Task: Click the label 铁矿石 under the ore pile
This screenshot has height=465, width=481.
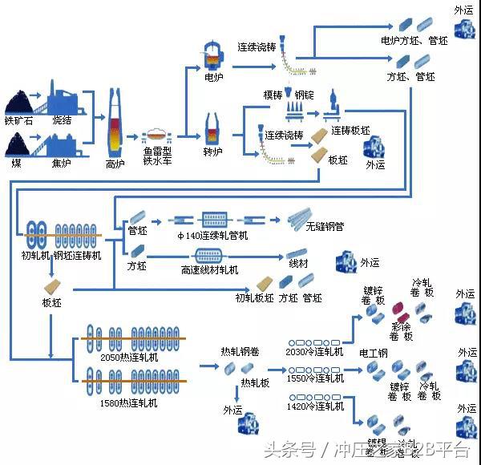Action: pyautogui.click(x=20, y=121)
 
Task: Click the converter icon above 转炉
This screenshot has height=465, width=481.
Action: pyautogui.click(x=214, y=129)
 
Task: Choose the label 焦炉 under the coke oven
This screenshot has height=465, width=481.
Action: pyautogui.click(x=62, y=164)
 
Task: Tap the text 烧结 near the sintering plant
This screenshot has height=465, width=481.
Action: pyautogui.click(x=63, y=121)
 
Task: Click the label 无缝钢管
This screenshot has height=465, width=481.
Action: pyautogui.click(x=325, y=227)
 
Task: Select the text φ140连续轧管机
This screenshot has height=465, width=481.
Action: pyautogui.click(x=212, y=235)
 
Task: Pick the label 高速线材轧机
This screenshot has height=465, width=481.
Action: pyautogui.click(x=209, y=270)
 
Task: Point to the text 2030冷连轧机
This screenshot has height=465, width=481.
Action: pyautogui.click(x=314, y=351)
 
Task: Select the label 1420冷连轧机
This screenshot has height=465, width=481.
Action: pyautogui.click(x=314, y=407)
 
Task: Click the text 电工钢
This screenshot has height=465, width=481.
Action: pyautogui.click(x=373, y=353)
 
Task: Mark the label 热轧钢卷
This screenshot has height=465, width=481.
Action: pyautogui.click(x=239, y=350)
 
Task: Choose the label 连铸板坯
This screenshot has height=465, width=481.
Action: pyautogui.click(x=350, y=131)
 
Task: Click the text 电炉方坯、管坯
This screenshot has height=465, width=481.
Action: pyautogui.click(x=414, y=39)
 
